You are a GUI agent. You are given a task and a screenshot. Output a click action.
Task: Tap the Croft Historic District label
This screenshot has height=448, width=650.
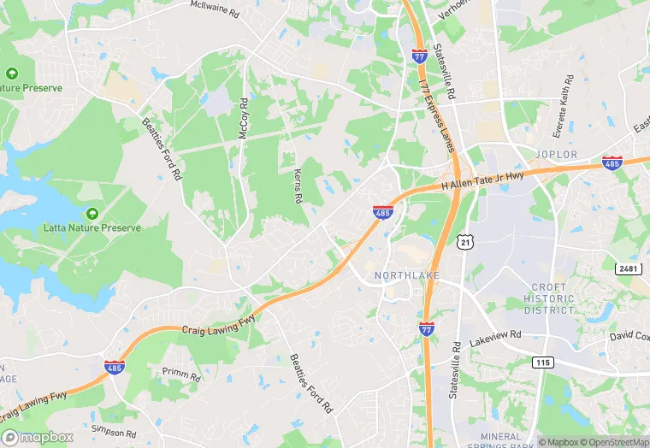tap(548, 298)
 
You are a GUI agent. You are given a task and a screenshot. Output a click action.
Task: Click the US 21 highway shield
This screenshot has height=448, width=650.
tap(464, 244)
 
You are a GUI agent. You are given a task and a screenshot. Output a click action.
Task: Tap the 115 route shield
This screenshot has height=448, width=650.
tap(541, 363)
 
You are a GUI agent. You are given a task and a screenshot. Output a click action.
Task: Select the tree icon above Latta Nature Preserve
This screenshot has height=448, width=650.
tap(92, 212)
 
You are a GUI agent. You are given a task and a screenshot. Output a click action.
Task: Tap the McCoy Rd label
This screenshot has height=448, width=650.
tap(244, 120)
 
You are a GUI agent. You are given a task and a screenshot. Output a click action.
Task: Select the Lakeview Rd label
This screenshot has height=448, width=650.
tap(495, 339)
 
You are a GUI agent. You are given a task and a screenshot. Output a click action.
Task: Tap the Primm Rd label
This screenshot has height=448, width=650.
tap(180, 373)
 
